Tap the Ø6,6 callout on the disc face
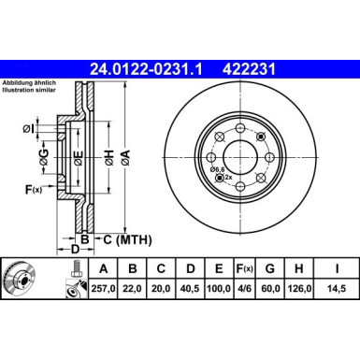pyautogui.click(x=220, y=170)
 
